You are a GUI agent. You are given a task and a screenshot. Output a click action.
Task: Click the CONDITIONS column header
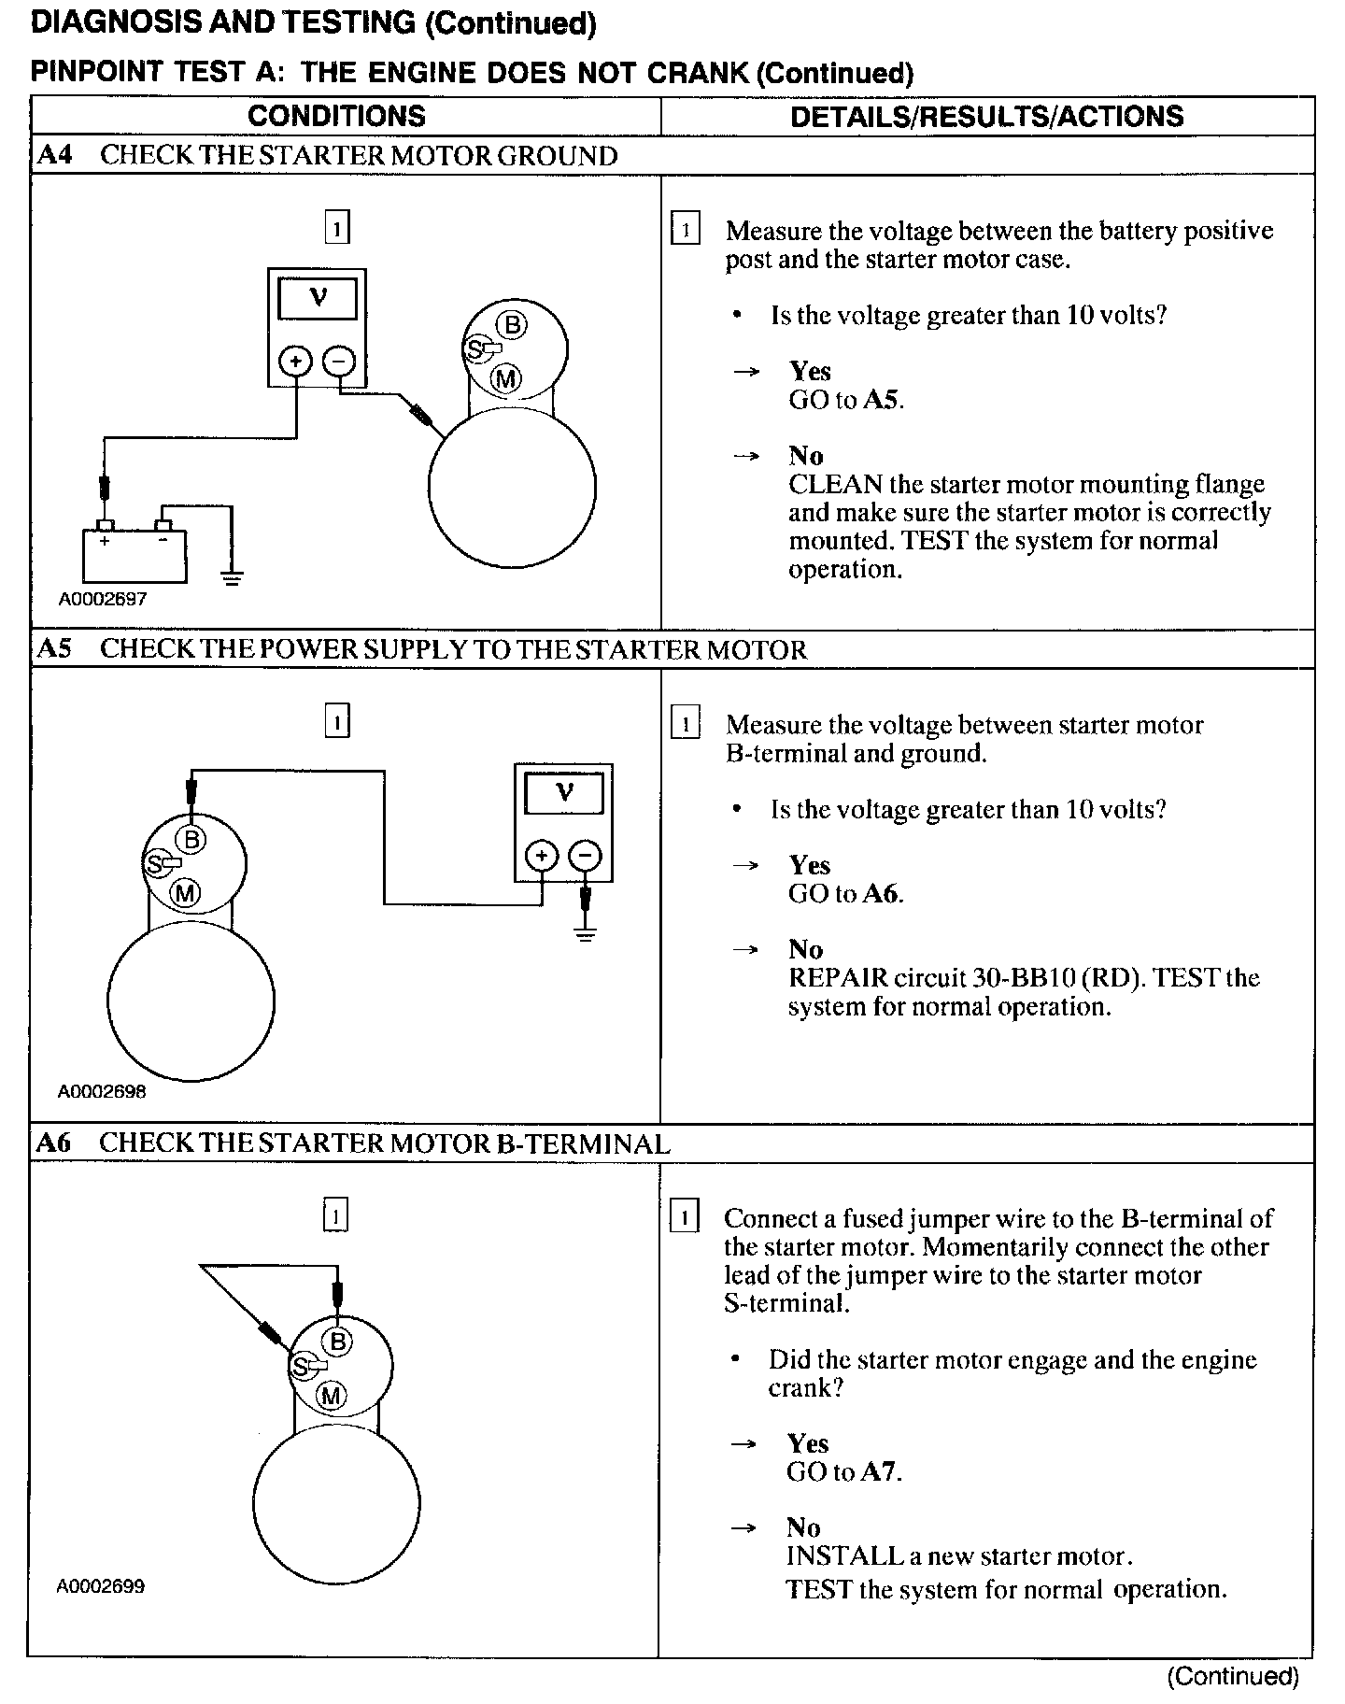coord(336,116)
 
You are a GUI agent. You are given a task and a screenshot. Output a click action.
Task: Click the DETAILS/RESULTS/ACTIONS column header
coord(986,116)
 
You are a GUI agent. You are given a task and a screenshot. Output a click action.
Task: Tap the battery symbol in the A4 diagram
coord(134,555)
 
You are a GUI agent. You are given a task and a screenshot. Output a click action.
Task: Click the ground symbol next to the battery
coord(232,577)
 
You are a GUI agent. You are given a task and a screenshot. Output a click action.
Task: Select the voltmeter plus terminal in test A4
coord(296,362)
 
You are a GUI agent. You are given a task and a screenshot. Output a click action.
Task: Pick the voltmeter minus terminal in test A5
coord(586,856)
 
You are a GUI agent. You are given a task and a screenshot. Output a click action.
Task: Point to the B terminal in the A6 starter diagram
coord(338,1342)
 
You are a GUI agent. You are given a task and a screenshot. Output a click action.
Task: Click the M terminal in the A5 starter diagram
coord(186,894)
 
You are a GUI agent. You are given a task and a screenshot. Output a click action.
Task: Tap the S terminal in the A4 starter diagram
coord(475,349)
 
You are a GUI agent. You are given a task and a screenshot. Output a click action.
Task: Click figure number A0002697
coord(103,600)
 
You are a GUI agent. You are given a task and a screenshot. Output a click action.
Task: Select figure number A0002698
coord(102,1091)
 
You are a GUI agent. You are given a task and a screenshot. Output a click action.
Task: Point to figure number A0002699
coord(101,1586)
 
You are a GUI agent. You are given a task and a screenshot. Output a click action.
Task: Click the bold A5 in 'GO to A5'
coord(882,400)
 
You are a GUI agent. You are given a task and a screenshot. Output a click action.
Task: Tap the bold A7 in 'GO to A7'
coord(880,1472)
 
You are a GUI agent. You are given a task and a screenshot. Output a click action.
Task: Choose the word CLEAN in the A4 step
coord(835,484)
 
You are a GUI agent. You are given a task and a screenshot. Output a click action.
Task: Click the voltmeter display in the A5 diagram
coord(563,793)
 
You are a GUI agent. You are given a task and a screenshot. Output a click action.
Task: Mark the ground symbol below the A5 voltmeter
coord(586,934)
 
